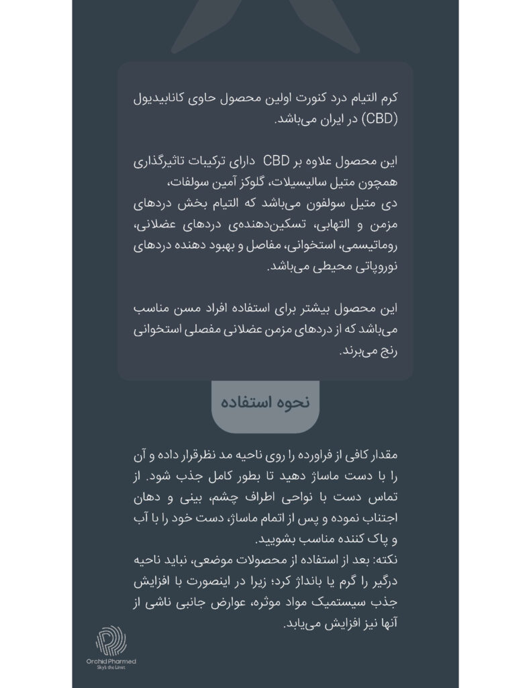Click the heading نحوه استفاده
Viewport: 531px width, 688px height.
[266, 402]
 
